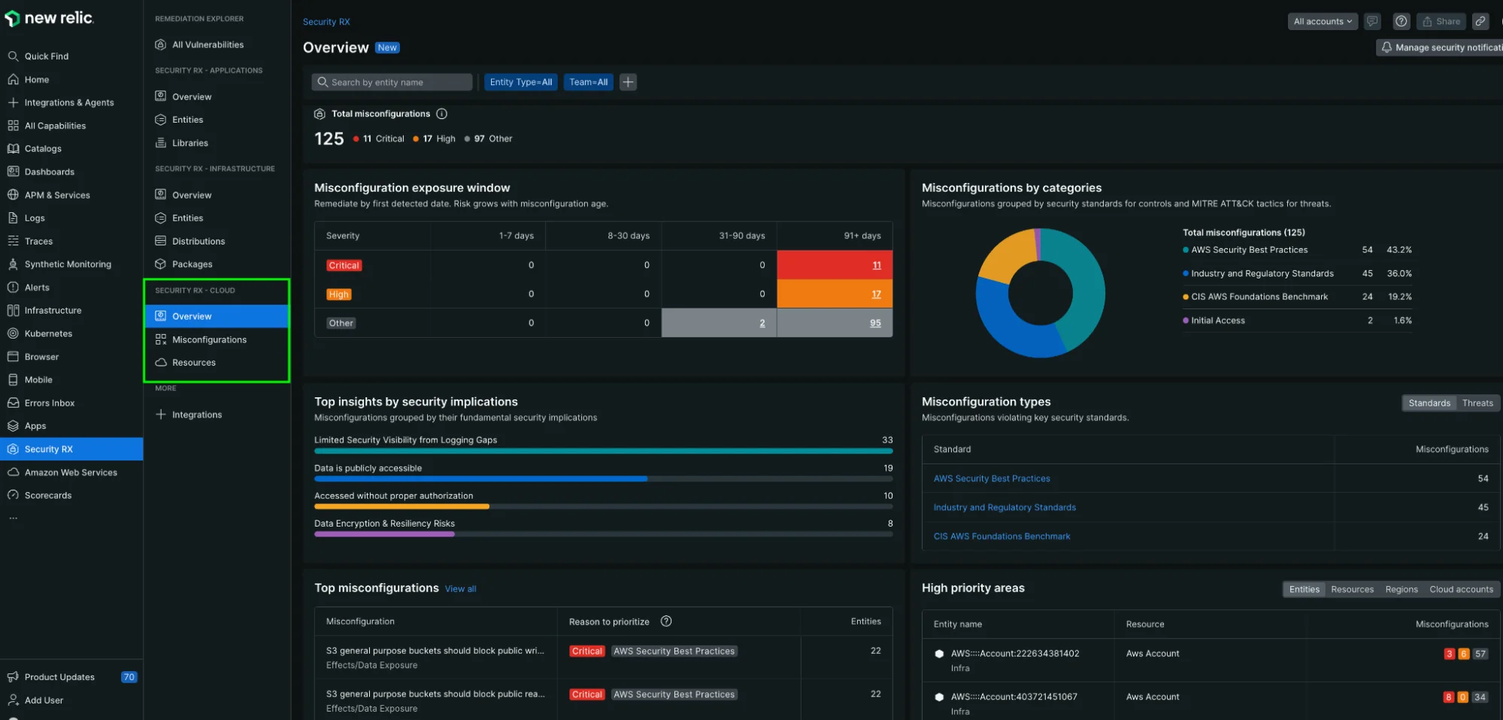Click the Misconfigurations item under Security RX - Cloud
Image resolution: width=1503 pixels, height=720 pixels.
[209, 339]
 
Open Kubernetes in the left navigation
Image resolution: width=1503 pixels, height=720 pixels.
[48, 333]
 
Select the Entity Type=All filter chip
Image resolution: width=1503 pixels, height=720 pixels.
[520, 82]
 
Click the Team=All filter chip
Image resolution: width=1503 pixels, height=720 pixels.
[588, 82]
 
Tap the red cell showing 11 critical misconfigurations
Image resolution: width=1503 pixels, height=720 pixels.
[835, 265]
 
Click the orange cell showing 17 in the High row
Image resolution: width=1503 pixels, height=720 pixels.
[835, 294]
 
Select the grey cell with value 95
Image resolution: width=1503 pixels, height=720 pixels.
[835, 323]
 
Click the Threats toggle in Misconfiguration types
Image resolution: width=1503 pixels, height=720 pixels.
[1477, 403]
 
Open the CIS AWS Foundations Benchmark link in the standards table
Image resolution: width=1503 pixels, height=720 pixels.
[1001, 536]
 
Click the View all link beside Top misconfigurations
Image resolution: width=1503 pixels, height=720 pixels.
[460, 589]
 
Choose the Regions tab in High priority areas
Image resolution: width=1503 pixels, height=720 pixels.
[1401, 589]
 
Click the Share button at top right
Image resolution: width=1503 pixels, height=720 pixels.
[1441, 21]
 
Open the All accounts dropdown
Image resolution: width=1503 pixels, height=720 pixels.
[1322, 21]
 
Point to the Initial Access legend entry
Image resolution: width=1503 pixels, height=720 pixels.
[1217, 321]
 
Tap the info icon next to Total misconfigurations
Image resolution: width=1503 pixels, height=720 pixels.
[442, 114]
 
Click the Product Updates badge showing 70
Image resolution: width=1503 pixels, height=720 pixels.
[129, 677]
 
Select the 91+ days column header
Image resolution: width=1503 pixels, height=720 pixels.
[862, 235]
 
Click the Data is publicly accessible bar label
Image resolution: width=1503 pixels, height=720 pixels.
[368, 468]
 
